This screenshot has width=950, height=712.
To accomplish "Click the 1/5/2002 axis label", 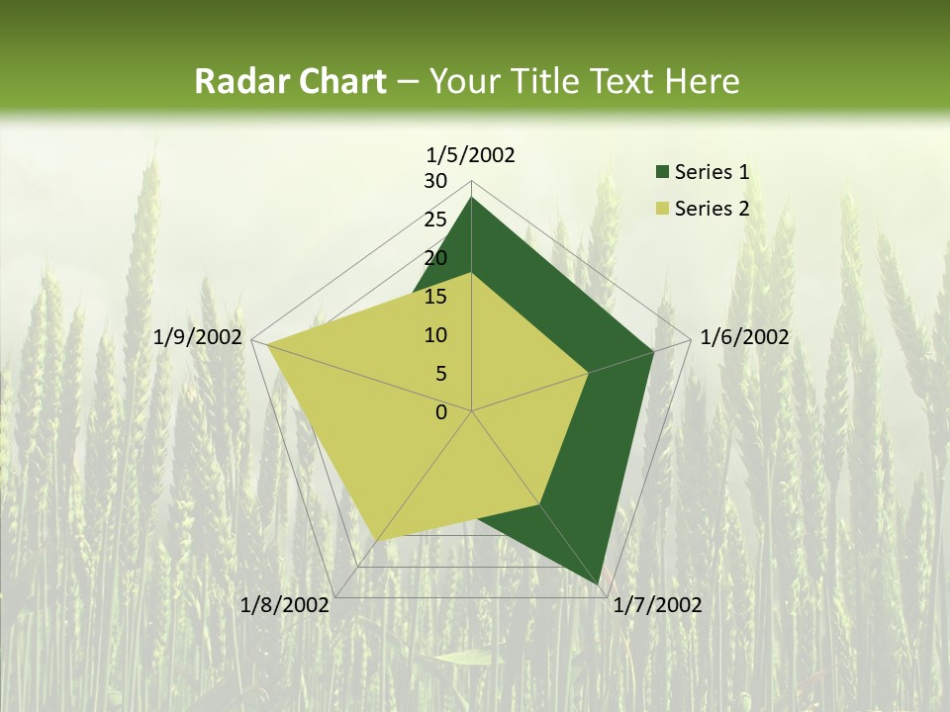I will coord(471,154).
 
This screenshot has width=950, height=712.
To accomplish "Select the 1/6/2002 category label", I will coord(744,337).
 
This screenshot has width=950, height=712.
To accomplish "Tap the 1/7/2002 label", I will coord(657,605).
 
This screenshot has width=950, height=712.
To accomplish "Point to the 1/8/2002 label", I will coord(285,605).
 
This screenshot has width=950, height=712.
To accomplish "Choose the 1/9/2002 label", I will coord(198,337).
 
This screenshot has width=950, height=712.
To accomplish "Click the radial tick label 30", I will coord(435,181).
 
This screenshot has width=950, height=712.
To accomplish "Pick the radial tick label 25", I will coord(435,220).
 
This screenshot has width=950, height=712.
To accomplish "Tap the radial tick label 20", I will coord(435,258).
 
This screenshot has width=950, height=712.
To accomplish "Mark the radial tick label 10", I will coord(435,335).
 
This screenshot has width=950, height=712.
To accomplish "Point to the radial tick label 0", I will coord(441,412).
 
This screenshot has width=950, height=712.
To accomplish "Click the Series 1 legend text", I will coord(712,172).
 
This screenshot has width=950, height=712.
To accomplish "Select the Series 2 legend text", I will coord(712,209).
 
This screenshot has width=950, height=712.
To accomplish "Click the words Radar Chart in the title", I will coord(290,81).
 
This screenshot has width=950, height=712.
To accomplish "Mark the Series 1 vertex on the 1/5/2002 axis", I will coord(471,198).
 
